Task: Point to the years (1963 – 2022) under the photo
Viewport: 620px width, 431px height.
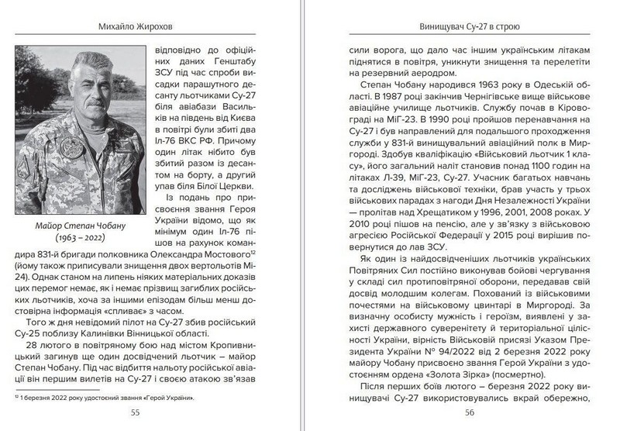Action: (79, 235)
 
